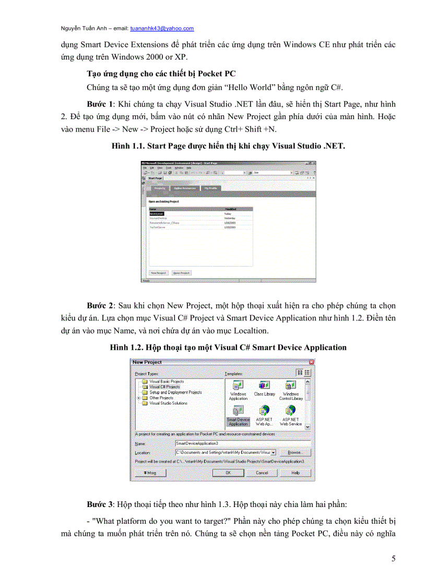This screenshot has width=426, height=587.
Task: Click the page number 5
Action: click(393, 559)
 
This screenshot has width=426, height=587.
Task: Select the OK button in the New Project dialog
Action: click(228, 473)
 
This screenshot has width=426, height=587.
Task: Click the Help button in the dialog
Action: click(295, 473)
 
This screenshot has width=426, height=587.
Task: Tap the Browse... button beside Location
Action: click(294, 452)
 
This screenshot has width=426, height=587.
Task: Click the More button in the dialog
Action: click(150, 473)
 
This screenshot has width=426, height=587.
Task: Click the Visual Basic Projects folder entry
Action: click(167, 382)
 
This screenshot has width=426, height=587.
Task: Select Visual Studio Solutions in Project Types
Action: click(168, 403)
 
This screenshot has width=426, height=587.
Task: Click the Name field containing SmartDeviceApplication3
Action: click(243, 443)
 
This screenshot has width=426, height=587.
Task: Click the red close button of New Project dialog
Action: click(311, 362)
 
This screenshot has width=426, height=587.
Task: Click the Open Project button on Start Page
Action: click(181, 273)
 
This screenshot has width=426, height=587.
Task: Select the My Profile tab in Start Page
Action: click(211, 188)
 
